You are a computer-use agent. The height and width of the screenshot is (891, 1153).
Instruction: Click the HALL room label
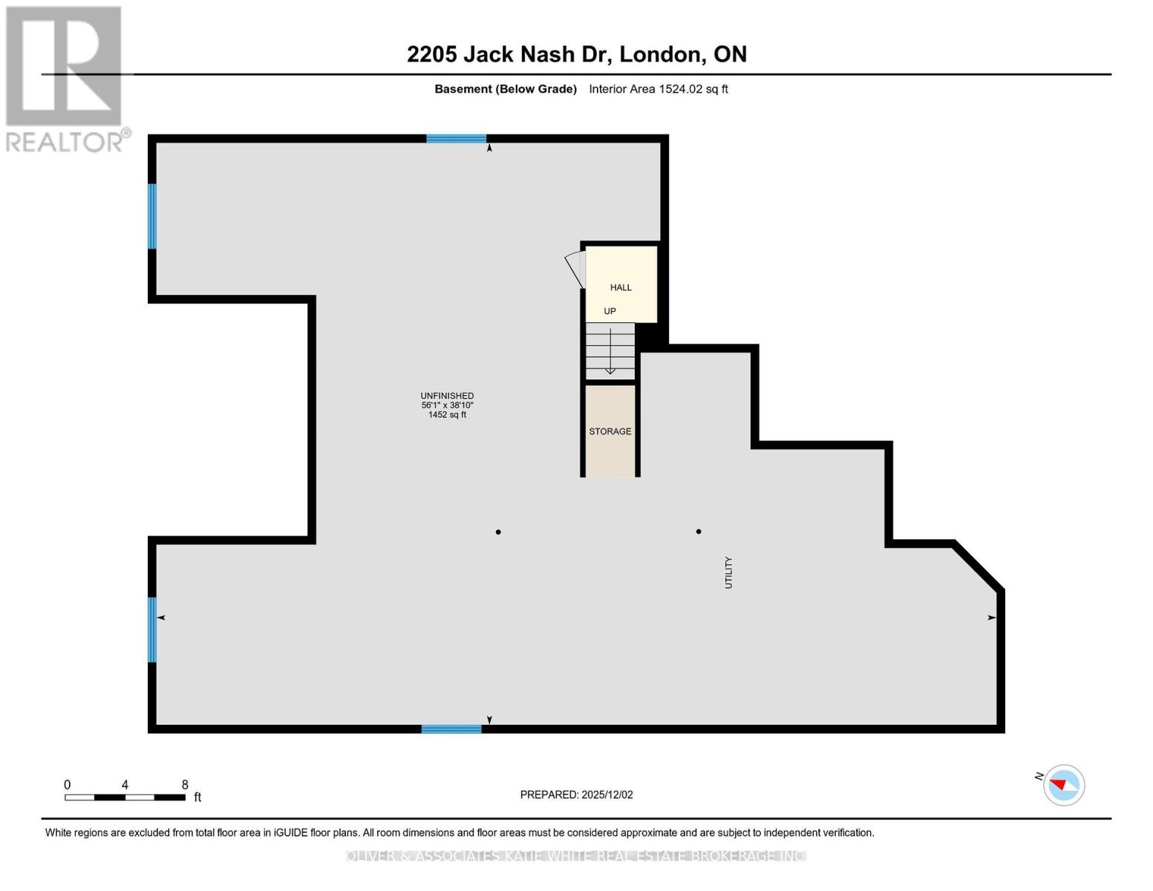click(621, 287)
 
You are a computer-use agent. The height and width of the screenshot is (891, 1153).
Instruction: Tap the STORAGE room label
click(610, 431)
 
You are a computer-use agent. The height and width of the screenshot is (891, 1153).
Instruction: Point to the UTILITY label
click(728, 572)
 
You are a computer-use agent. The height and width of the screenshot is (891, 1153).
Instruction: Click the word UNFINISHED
click(447, 396)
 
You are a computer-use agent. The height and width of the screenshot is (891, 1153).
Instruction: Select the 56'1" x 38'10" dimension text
click(447, 405)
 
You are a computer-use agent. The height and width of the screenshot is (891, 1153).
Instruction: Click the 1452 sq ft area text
click(447, 415)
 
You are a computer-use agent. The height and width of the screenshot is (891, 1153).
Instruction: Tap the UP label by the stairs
click(610, 311)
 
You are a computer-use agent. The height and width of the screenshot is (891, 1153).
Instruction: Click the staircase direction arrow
click(610, 352)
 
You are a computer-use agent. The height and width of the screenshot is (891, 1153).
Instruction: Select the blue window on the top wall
click(456, 139)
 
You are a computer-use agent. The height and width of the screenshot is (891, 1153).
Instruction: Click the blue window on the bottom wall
click(451, 729)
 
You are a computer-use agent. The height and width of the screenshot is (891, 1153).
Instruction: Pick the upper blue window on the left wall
click(152, 216)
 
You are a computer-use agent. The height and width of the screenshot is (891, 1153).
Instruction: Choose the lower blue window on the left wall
click(152, 630)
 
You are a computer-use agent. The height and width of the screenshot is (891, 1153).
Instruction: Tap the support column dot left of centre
click(498, 532)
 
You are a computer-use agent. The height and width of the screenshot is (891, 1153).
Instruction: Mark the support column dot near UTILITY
click(699, 532)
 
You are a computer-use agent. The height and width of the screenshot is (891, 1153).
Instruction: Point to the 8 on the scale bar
click(185, 785)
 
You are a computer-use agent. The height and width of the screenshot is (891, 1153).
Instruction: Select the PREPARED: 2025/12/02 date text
click(576, 794)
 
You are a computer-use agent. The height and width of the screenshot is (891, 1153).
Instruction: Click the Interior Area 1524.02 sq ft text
click(658, 89)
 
